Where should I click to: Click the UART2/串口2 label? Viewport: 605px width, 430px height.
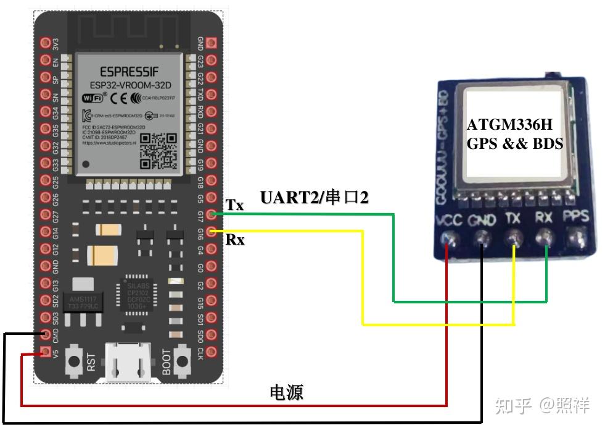[x=314, y=198]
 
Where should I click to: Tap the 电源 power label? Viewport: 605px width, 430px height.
[x=287, y=392]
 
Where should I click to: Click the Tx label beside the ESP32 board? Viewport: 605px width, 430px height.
[x=235, y=204]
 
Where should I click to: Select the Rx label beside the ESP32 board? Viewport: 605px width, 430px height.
[x=235, y=239]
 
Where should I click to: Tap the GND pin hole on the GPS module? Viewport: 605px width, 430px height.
[x=482, y=237]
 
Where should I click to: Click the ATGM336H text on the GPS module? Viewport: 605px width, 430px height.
[x=509, y=124]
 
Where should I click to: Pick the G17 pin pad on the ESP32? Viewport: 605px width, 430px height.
[x=212, y=215]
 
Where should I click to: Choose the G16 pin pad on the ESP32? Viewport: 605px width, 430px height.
[x=212, y=232]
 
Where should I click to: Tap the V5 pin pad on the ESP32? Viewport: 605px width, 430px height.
[x=44, y=353]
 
